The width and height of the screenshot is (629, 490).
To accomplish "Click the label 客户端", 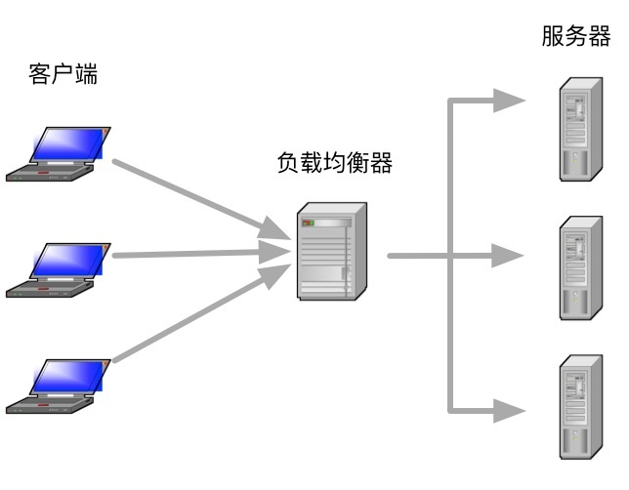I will coord(63,74).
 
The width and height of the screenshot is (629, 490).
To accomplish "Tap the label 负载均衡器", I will coord(335,163).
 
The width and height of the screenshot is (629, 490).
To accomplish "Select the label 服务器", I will coord(575,37).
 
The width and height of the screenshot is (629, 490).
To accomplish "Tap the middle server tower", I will coord(579,267).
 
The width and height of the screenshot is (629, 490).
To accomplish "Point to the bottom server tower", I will coord(579,406).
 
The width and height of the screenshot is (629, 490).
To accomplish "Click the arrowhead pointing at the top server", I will coord(509,100).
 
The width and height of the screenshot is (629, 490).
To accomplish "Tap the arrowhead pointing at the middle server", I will coord(509,256).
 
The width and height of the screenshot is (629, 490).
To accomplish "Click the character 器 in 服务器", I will coord(599,37).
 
